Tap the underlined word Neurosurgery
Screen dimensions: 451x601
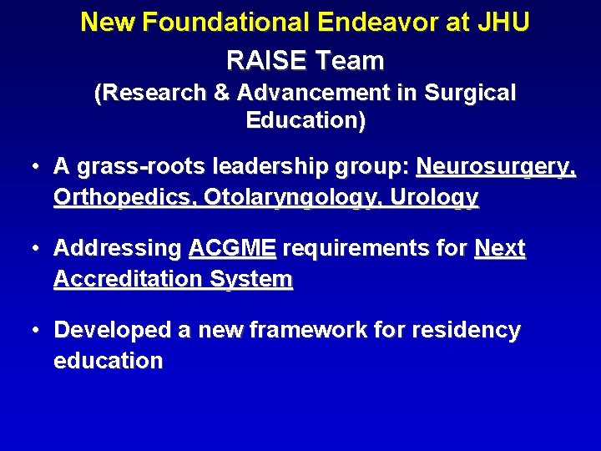point(496,167)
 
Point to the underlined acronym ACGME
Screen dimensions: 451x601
point(232,249)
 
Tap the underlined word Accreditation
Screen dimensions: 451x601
point(123,280)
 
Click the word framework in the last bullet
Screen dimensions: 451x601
point(294,331)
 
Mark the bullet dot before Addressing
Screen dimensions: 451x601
point(36,249)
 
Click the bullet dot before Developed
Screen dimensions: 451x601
point(36,331)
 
